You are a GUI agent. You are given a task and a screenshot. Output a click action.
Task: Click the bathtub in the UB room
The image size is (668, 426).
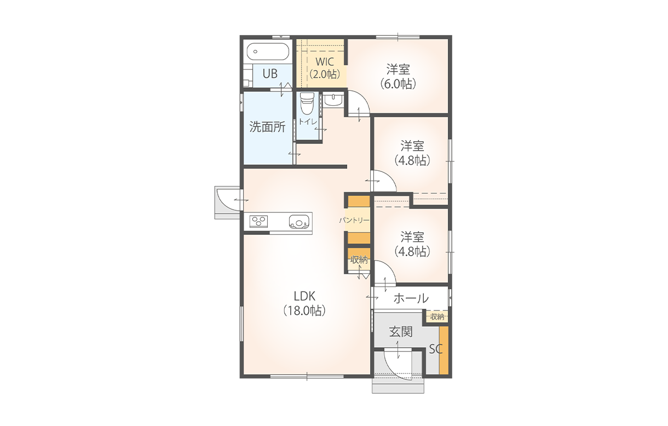pyautogui.click(x=268, y=51)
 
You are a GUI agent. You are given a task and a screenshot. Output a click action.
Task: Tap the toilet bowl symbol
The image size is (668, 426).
pyautogui.click(x=307, y=103)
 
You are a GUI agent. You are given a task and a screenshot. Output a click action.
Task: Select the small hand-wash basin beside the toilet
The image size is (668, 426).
pyautogui.click(x=333, y=99)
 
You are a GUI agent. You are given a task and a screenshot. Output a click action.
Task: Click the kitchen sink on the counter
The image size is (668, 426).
pyautogui.click(x=298, y=222)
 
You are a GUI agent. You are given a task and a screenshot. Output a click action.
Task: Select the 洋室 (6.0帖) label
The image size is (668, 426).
pyautogui.click(x=398, y=76)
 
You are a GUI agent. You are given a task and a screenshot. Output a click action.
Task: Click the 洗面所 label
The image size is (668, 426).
pyautogui.click(x=268, y=127)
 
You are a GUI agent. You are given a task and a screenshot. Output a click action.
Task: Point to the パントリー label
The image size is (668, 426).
pyautogui.click(x=354, y=221)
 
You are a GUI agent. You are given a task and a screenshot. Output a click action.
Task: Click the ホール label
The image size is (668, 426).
pyautogui.click(x=411, y=298)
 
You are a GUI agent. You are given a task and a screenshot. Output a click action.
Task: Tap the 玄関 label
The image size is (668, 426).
pyautogui.click(x=401, y=331)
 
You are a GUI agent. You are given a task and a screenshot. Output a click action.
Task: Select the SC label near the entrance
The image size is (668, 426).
pyautogui.click(x=435, y=349)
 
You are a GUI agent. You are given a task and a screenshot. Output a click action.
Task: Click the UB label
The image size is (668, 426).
pyautogui.click(x=270, y=74)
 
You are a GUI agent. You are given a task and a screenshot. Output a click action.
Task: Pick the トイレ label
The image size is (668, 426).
pyautogui.click(x=308, y=122)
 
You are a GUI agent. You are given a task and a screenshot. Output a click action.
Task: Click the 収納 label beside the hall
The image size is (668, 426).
pyautogui.click(x=437, y=317)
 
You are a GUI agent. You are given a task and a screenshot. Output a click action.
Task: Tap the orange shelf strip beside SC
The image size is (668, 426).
pyautogui.click(x=444, y=350)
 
